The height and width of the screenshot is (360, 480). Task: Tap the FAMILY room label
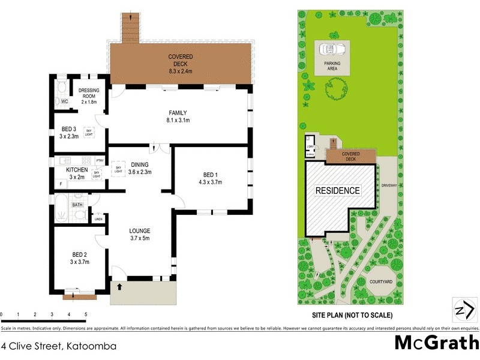pyautogui.click(x=178, y=116)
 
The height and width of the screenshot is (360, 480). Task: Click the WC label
pyautogui.click(x=65, y=102)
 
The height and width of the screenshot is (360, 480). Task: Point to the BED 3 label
pyautogui.click(x=69, y=133)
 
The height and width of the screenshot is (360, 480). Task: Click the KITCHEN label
pyautogui.click(x=77, y=173)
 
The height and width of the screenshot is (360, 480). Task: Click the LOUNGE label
pyautogui.click(x=139, y=235)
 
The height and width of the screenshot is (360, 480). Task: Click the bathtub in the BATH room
pyautogui.click(x=62, y=206)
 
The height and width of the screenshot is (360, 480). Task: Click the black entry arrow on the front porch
pyautogui.click(x=119, y=287)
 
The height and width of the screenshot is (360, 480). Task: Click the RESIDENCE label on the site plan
pyautogui.click(x=338, y=191)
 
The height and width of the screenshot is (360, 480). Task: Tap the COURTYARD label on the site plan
pyautogui.click(x=380, y=281)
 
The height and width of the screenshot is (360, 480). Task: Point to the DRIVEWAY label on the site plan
pyautogui.click(x=389, y=186)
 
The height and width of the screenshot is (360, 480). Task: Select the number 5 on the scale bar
pyautogui.click(x=86, y=314)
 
